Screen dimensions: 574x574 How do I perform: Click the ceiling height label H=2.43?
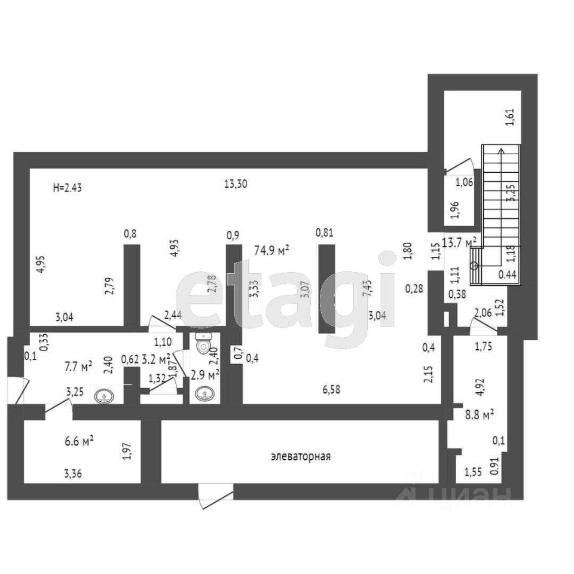pyautogui.click(x=67, y=187)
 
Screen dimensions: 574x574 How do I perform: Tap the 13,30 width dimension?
pyautogui.click(x=236, y=184)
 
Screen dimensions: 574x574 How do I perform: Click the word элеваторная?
pyautogui.click(x=301, y=457)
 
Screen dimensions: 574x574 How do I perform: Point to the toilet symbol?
pyautogui.click(x=204, y=343)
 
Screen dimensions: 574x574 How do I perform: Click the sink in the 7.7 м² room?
pyautogui.click(x=103, y=395)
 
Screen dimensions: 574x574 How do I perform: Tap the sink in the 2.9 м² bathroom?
pyautogui.click(x=204, y=395)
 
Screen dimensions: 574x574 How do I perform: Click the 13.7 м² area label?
pyautogui.click(x=459, y=242)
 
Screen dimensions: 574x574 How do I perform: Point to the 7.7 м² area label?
pyautogui.click(x=78, y=365)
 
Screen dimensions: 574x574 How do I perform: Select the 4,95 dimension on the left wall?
pyautogui.click(x=40, y=264)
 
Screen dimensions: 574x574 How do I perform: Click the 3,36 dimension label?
pyautogui.click(x=73, y=474)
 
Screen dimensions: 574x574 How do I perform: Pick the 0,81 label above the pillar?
pyautogui.click(x=324, y=233)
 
